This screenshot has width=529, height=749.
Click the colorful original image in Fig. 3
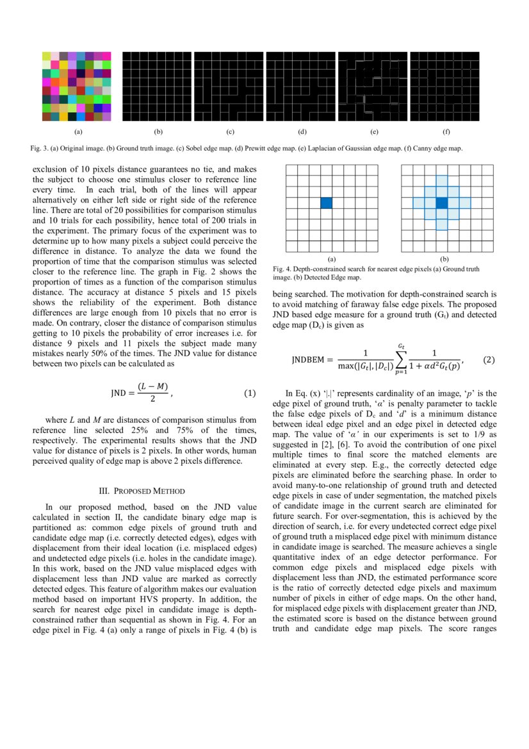point(77,86)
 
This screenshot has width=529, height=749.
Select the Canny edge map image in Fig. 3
point(446,86)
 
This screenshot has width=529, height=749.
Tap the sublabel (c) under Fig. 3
point(230,132)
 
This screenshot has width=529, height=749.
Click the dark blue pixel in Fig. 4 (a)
point(327,202)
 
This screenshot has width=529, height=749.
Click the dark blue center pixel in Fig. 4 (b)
point(441,202)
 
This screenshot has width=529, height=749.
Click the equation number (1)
point(250,392)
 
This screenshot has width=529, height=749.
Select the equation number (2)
point(489,360)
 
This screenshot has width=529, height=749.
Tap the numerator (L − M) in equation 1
point(149,386)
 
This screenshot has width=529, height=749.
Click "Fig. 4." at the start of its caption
point(282,269)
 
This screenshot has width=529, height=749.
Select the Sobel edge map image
point(230,86)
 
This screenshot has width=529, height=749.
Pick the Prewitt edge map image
point(302,86)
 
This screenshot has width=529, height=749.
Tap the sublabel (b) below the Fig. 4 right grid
point(444,259)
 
